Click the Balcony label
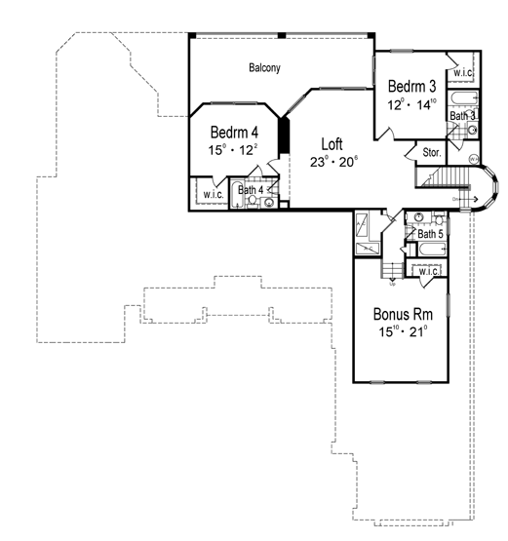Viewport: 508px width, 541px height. coord(264,67)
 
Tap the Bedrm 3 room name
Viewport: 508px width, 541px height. coord(410,85)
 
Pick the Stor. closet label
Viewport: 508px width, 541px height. coord(431,152)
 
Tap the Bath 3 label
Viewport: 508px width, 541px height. coord(462,116)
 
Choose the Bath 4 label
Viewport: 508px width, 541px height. coord(251,189)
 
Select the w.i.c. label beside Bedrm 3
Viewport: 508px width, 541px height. coord(460,73)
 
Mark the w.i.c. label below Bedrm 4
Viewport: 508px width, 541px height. coord(213,195)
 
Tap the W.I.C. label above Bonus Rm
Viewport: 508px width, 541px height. coord(428,272)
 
